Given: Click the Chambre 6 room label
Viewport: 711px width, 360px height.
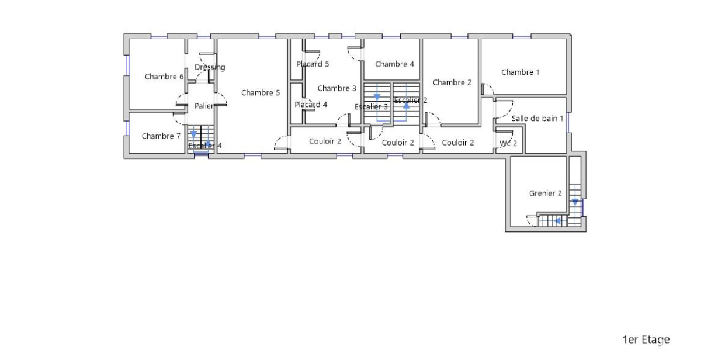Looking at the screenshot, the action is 164,77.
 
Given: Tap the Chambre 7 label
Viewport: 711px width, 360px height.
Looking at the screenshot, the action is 161,136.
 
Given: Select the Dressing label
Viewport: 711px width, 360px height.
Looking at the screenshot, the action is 210,67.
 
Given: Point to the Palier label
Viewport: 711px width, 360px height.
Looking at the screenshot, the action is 204,106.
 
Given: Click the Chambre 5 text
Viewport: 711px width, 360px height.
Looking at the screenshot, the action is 261,93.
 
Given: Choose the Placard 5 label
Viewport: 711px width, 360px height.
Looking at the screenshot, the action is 313,64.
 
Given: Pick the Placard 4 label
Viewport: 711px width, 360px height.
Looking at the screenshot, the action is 311,105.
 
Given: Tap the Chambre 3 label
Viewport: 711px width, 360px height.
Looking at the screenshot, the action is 337,88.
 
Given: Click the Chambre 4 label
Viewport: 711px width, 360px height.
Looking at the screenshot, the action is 394,64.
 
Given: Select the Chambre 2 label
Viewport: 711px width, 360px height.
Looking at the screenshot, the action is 452,82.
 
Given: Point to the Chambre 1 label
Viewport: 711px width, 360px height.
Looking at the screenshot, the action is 521,72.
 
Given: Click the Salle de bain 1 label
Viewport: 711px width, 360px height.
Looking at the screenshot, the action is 537,119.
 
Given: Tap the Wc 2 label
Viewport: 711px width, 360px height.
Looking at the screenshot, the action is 508,144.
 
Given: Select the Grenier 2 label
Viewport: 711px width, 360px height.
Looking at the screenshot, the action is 545,193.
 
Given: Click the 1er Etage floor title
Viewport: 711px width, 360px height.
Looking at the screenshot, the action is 646,340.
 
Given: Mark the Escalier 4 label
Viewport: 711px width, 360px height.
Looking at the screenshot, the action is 205,146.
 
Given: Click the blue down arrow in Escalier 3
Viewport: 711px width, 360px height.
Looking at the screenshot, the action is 377,97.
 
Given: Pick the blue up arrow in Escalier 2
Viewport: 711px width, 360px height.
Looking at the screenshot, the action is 406,105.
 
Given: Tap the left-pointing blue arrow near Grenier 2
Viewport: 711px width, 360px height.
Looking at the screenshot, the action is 557,221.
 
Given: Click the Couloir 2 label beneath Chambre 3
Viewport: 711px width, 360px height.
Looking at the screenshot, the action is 325,141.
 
